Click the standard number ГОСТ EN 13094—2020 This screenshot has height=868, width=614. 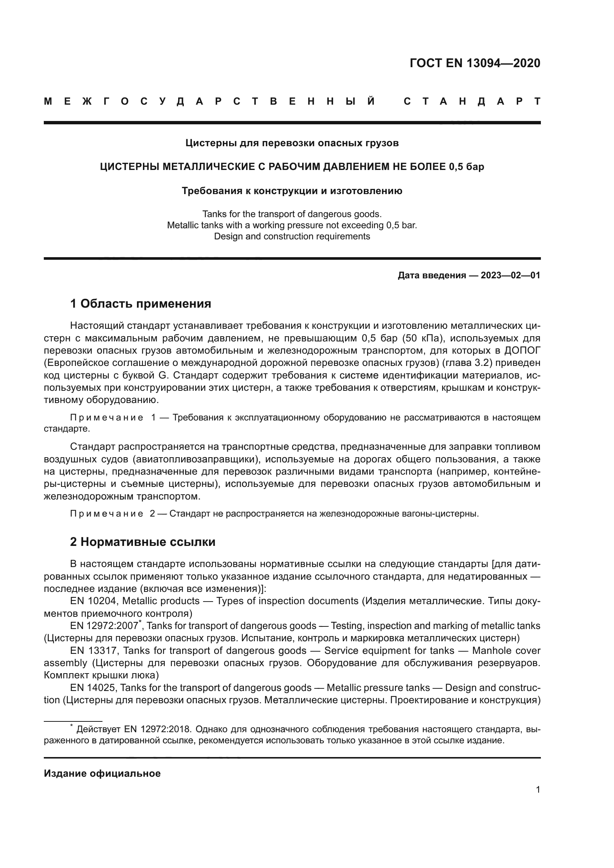pyautogui.click(x=475, y=63)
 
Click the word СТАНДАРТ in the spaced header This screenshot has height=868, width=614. pyautogui.click(x=472, y=101)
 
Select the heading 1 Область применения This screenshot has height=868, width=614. pyautogui.click(x=140, y=303)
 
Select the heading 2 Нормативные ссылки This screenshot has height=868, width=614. pyautogui.click(x=143, y=542)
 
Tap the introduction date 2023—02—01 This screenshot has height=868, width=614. pyautogui.click(x=510, y=275)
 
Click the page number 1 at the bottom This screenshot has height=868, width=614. pyautogui.click(x=538, y=789)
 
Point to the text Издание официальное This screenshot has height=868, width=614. pyautogui.click(x=102, y=773)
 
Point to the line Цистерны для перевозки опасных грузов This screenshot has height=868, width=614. pyautogui.click(x=292, y=143)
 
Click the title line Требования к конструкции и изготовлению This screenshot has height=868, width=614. pyautogui.click(x=292, y=191)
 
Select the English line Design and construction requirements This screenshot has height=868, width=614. pyautogui.click(x=292, y=236)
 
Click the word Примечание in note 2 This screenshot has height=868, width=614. pyautogui.click(x=106, y=514)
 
